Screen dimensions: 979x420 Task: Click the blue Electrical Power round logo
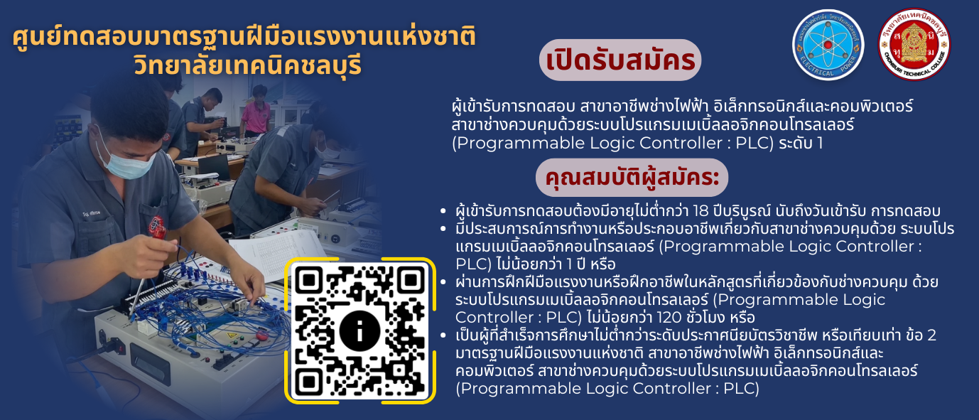coord(828,45)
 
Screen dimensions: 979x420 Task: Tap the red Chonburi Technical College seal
coord(914,45)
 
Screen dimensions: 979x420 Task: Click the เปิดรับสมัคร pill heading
coord(620,60)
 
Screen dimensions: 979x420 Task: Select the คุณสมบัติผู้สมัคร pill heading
coord(632,178)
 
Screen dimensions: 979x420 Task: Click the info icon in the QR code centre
coord(359,332)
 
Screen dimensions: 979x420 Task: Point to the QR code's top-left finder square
coord(309,280)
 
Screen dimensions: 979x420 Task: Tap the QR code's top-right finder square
coord(411,280)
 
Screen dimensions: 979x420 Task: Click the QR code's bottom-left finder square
coord(309,382)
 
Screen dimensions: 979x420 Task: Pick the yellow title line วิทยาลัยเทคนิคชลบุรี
coord(248,65)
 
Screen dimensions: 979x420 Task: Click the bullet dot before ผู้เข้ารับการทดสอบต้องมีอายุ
coord(443,212)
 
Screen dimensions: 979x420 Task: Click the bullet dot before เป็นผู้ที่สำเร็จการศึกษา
coord(443,335)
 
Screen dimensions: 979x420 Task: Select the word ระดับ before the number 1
coord(794,143)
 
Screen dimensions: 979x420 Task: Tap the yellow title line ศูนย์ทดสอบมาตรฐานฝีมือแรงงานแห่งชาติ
coord(244,37)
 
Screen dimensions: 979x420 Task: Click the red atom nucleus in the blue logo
coord(828,45)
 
